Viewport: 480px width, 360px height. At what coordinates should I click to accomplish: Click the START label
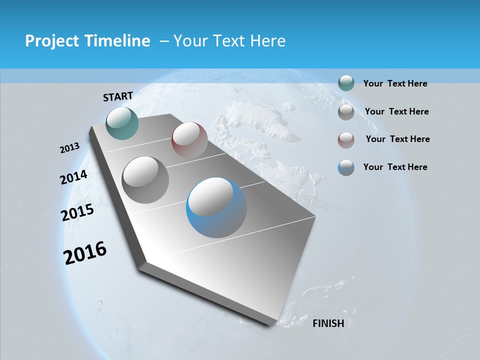[x=118, y=96]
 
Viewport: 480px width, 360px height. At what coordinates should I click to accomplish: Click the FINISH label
[x=328, y=323]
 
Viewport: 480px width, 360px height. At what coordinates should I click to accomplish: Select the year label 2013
[x=70, y=148]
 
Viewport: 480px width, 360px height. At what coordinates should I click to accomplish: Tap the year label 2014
[x=74, y=177]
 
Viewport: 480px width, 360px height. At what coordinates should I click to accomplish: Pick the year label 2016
[x=85, y=252]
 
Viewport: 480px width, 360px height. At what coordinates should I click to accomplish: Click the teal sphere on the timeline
[x=122, y=123]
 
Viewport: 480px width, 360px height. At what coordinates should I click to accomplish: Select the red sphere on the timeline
[x=189, y=139]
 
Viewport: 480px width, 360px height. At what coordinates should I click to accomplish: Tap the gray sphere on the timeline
[x=145, y=179]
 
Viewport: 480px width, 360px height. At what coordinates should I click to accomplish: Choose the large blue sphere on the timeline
[x=216, y=207]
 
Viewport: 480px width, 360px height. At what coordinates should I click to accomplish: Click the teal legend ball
[x=346, y=83]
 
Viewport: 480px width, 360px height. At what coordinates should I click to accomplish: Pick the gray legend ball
[x=346, y=112]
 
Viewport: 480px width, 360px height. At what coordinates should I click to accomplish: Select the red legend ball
[x=346, y=139]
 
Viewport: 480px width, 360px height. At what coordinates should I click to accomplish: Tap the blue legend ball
[x=346, y=167]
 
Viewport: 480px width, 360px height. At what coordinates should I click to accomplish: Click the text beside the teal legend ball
[x=395, y=83]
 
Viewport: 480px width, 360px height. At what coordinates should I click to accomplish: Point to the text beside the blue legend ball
[x=395, y=167]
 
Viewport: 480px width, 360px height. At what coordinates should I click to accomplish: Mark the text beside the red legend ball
[x=397, y=139]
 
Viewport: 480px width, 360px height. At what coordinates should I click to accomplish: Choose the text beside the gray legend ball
[x=396, y=111]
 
